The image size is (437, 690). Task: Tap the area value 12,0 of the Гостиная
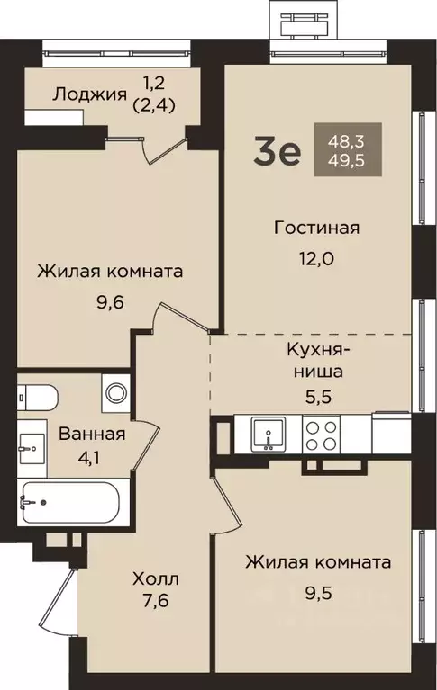(x=316, y=258)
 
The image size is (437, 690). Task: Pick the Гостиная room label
(x=316, y=228)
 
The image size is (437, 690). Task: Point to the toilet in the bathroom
(x=36, y=396)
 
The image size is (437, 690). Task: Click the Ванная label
(x=92, y=434)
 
